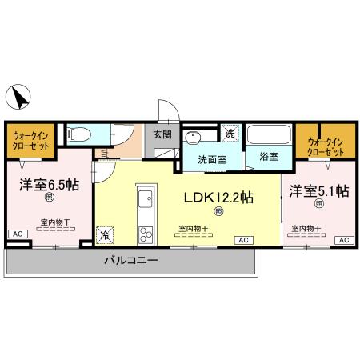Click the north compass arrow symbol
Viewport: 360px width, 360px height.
click(x=18, y=100)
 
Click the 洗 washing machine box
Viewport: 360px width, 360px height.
click(x=229, y=133)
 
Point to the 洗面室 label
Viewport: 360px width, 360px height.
click(x=212, y=158)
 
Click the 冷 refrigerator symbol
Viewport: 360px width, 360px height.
click(x=106, y=235)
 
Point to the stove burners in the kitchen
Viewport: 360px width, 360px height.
click(x=145, y=234)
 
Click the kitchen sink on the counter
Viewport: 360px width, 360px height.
click(x=145, y=200)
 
